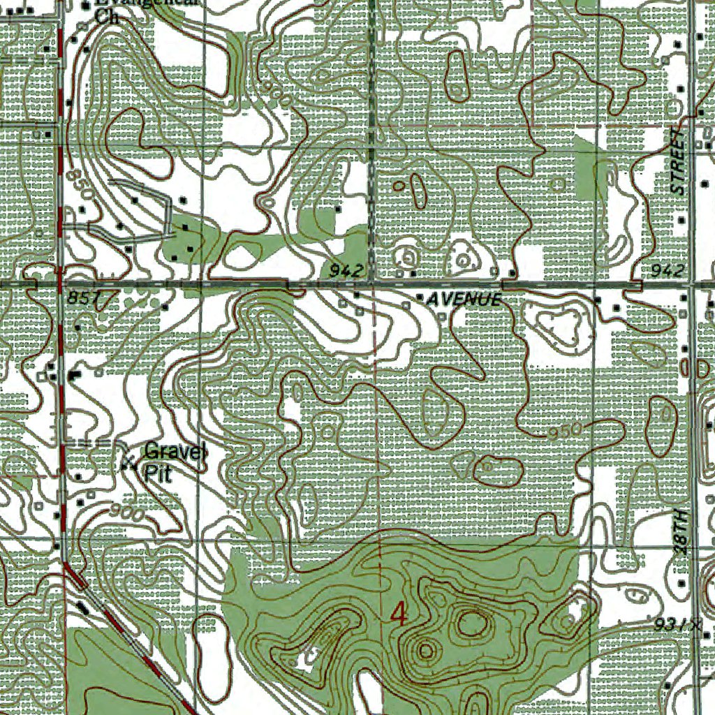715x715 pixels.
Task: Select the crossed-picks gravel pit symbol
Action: (x=128, y=462)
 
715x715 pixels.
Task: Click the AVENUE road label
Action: (x=464, y=300)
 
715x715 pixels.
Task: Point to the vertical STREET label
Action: (x=678, y=161)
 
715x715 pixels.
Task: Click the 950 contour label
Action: (x=565, y=432)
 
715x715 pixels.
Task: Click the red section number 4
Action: (x=399, y=614)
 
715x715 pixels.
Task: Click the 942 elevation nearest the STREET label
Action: (x=667, y=270)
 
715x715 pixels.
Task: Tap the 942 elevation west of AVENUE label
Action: (x=346, y=270)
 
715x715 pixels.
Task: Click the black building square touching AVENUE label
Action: (x=419, y=298)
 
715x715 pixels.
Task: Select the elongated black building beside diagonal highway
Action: (x=83, y=606)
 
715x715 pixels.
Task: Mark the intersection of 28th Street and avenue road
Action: (x=691, y=285)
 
